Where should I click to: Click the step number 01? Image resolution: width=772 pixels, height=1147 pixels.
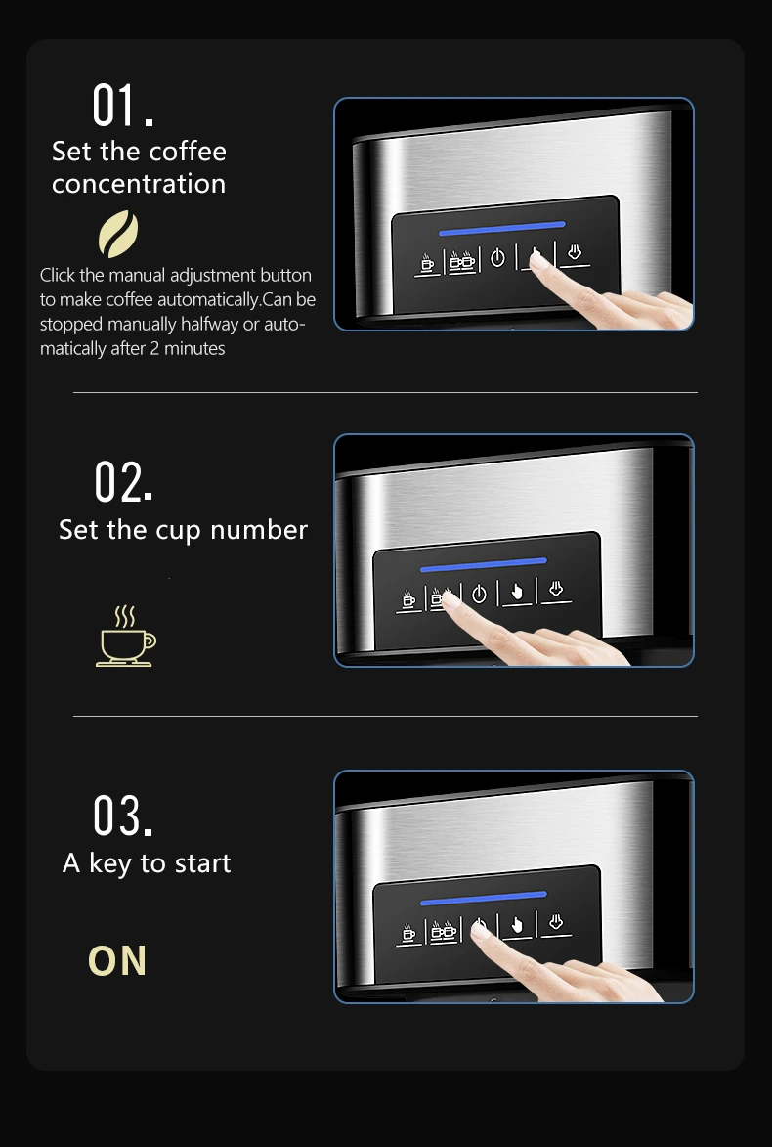pos(122,106)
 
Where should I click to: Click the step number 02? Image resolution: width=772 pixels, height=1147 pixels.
pos(123,481)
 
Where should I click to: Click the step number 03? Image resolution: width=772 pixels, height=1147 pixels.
pos(123,816)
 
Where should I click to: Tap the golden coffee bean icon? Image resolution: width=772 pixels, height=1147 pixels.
pos(118,235)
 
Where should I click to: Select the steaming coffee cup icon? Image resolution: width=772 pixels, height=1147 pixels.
pos(125,637)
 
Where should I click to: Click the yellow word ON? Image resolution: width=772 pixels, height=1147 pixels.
pos(117,961)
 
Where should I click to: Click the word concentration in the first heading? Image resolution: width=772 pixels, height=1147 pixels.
pos(139,184)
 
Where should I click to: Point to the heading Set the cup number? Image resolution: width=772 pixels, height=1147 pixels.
pos(183,530)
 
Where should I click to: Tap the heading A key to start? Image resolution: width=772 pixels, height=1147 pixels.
pos(147,863)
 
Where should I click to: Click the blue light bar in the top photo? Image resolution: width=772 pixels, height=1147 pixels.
pos(501,229)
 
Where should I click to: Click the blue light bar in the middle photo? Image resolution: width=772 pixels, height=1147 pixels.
pos(483,565)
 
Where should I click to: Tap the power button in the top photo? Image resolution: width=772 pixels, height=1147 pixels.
pos(497,258)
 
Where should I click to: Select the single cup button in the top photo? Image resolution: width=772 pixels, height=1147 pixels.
pos(427,263)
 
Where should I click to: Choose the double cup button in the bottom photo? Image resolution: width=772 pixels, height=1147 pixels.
pos(444,930)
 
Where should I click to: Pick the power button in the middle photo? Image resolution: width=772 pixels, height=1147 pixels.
pos(479,595)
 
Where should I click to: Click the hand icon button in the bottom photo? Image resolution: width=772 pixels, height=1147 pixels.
pos(517,925)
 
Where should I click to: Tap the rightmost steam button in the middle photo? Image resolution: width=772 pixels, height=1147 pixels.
pos(556,590)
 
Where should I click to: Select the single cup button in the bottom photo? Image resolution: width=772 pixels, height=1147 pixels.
pos(408,933)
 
